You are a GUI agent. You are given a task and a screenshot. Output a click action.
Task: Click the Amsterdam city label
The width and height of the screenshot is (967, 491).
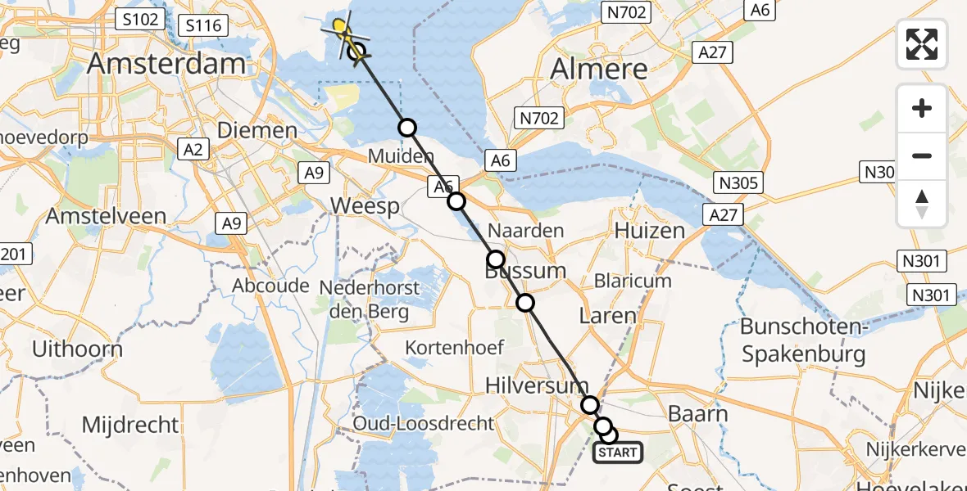tap(167, 64)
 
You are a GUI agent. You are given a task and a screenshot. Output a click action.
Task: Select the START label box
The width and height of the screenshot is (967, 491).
tap(618, 453)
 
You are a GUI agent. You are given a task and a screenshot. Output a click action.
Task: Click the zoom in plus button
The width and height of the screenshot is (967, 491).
tap(922, 108)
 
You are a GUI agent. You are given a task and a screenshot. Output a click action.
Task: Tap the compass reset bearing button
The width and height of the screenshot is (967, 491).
tap(922, 203)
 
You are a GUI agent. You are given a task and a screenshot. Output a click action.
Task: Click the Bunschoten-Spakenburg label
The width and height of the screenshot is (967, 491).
tap(803, 340)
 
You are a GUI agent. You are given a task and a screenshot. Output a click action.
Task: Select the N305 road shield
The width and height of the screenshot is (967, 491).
tap(738, 182)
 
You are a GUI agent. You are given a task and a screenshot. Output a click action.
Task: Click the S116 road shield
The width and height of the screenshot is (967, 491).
tap(203, 25)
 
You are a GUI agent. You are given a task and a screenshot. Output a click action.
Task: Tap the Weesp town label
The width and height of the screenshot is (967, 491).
tap(365, 205)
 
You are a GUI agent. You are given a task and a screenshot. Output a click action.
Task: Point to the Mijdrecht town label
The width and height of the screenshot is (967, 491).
tap(130, 425)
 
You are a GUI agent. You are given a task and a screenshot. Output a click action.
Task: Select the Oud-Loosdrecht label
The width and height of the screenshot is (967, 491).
tap(424, 423)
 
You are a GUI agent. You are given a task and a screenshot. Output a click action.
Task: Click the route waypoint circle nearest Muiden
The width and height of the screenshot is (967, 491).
tap(407, 128)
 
